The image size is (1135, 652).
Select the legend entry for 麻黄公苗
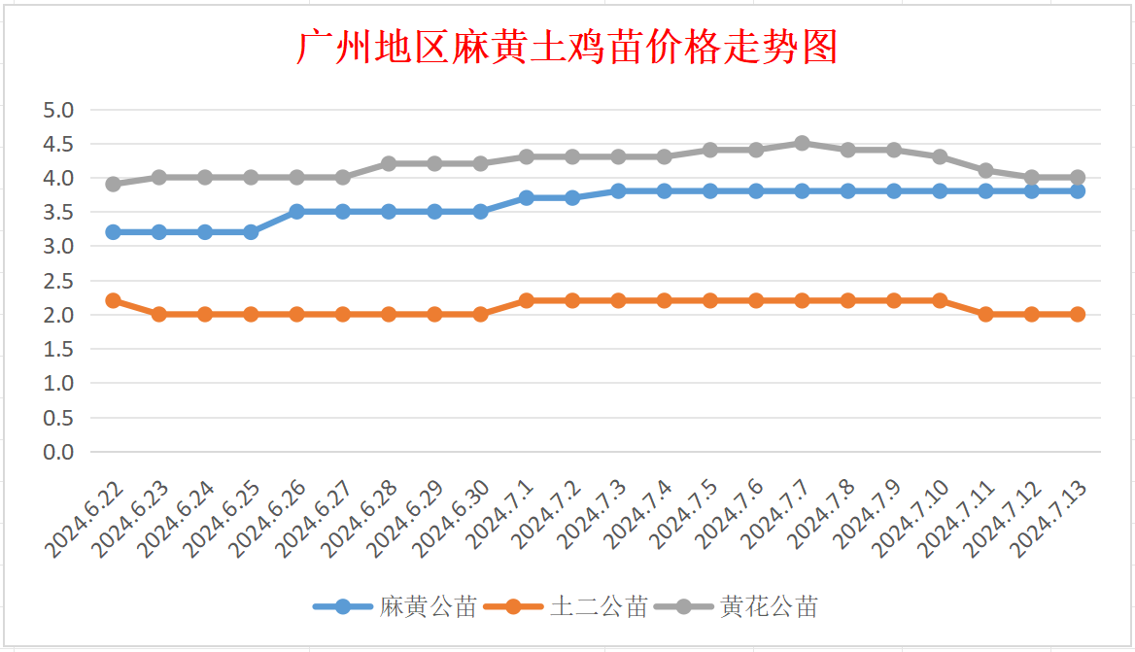coord(429,607)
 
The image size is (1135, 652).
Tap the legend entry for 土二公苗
coord(599,607)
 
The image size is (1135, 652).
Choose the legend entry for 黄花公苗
coord(769,607)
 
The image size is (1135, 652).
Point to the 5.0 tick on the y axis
coord(58,110)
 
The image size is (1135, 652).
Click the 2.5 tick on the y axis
coord(58,281)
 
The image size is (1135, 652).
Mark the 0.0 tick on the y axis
coord(58,452)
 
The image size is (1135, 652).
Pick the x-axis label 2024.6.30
coord(454,519)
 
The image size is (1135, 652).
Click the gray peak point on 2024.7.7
coord(802,143)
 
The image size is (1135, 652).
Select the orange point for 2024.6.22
coord(113,300)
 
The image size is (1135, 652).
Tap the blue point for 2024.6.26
coord(296,211)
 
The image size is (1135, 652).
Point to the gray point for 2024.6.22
coord(113,184)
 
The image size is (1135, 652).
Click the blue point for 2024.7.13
coord(1077,191)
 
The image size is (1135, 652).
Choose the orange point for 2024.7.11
coord(985,314)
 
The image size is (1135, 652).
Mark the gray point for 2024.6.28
coord(389,163)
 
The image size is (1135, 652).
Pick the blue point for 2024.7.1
coord(527,197)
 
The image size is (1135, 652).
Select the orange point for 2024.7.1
coord(527,300)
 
